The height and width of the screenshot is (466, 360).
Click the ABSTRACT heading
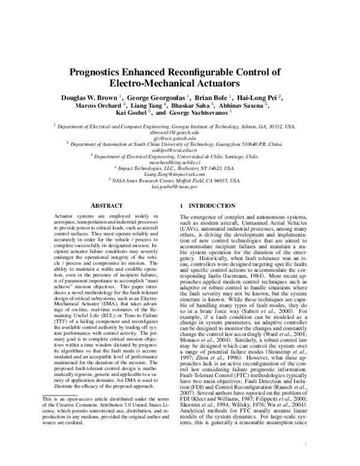pyautogui.click(x=106, y=205)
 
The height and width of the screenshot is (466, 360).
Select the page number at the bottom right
pyautogui.click(x=306, y=444)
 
